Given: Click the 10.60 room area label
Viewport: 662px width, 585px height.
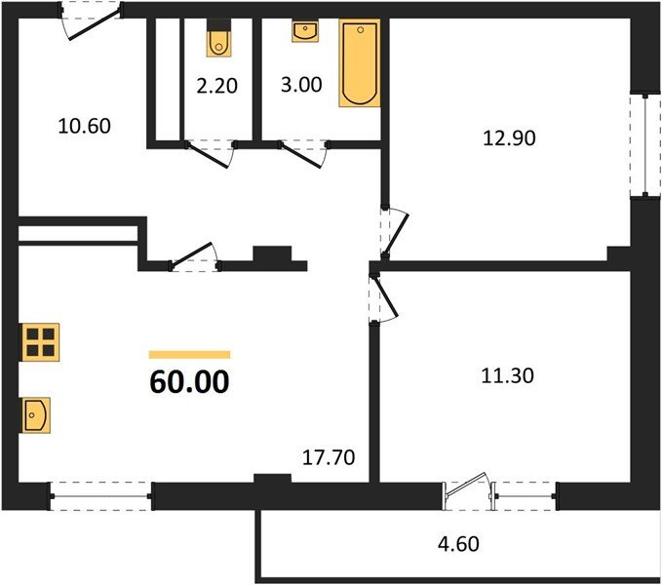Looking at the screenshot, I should click(x=86, y=126).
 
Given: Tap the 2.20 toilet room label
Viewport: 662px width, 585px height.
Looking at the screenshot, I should click(x=215, y=85).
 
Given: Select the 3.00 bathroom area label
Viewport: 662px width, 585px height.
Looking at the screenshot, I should click(x=301, y=85).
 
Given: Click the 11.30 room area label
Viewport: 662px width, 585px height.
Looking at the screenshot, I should click(x=508, y=372).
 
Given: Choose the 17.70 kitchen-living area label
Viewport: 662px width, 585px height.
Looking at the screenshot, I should click(x=329, y=455).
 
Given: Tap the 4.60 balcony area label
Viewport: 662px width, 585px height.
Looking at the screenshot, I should click(x=459, y=543).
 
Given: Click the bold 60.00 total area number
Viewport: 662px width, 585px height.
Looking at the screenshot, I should click(x=189, y=381).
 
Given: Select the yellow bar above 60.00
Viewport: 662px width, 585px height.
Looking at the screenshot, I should click(x=189, y=354).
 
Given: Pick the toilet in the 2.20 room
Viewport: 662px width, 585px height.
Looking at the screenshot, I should click(x=218, y=43).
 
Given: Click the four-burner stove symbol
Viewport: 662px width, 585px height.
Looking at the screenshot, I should click(x=40, y=342).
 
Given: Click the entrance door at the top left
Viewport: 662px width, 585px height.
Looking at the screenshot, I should click(x=91, y=21).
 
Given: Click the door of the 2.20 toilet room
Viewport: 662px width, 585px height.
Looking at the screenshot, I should click(x=210, y=151).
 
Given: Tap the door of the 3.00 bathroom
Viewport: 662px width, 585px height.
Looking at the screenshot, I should click(x=301, y=151).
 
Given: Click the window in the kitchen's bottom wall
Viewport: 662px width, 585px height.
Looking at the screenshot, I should click(x=100, y=495).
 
